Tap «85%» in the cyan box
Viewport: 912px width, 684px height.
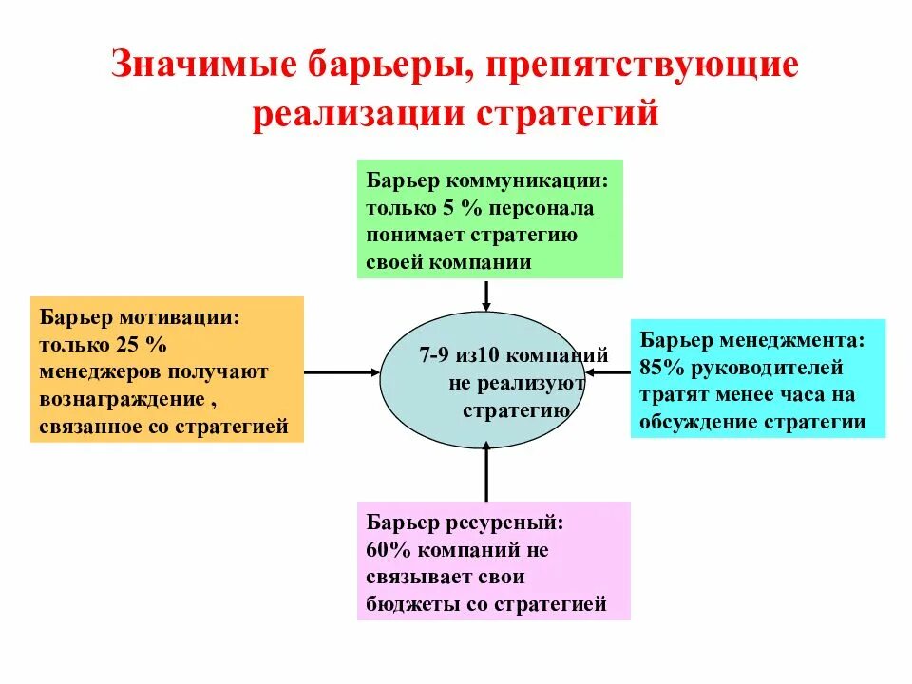(661, 367)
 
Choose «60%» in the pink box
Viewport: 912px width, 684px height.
(385, 549)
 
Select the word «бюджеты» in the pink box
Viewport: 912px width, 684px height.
(404, 603)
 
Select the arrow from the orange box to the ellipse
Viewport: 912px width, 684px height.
(342, 372)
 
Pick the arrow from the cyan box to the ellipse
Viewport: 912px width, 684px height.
(608, 372)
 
